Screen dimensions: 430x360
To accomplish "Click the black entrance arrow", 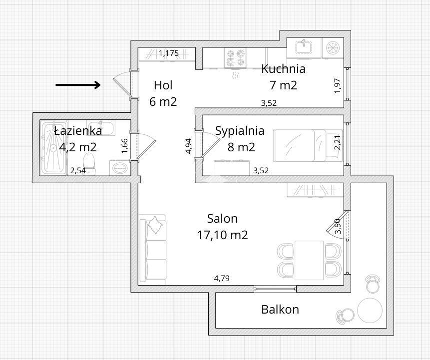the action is pos(78,85).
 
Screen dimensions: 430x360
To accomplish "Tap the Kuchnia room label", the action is pos(283,69).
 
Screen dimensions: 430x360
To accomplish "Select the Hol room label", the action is pos(163,85).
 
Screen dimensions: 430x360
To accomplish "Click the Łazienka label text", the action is pos(78,131).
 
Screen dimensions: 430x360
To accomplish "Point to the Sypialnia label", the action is pos(240,131).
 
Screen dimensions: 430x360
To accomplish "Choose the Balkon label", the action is pos(280,310).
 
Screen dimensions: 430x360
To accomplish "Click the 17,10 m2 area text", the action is pos(222,235).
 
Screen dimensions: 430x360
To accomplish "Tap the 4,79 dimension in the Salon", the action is pos(222,279).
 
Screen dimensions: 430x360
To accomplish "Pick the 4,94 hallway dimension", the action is pos(189,146).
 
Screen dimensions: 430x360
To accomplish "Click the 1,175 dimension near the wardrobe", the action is pos(169,53).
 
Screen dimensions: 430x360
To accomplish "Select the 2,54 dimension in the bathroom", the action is pos(78,171).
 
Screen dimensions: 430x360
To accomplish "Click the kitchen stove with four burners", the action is pos(235,57).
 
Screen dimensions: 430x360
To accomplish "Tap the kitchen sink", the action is pos(304,48).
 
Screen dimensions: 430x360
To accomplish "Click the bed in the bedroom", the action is pos(308,146).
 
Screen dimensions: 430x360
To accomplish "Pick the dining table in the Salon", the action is pos(309,260).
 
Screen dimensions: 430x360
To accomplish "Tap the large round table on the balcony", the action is pos(370,311).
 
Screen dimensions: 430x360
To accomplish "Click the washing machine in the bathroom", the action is pos(120,168).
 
